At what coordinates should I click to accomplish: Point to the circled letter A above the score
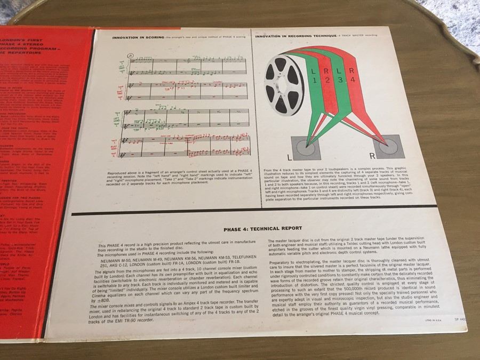pyautogui.click(x=130, y=55)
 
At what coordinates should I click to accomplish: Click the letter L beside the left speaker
pyautogui.click(x=289, y=158)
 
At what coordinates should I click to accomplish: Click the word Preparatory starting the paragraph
pyautogui.click(x=282, y=263)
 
